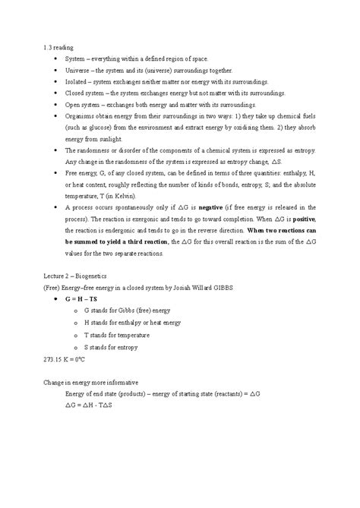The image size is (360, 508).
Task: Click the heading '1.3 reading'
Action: [63, 47]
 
